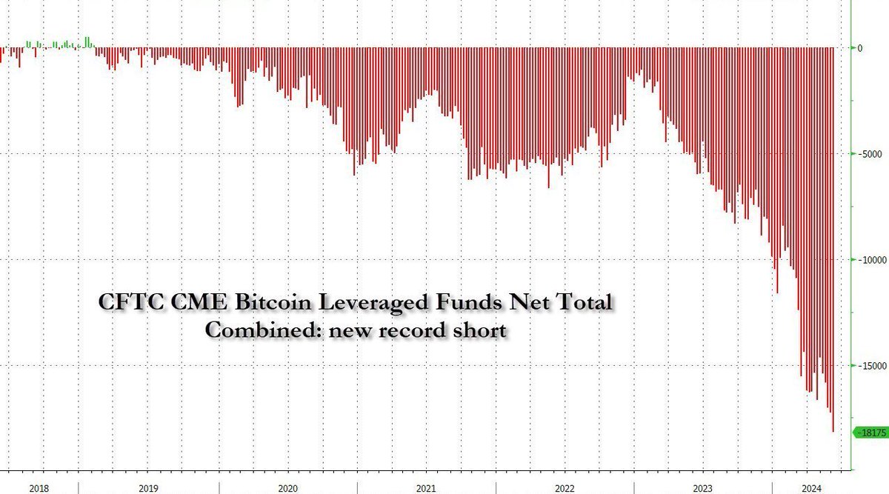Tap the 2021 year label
click(x=426, y=488)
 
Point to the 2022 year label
click(x=565, y=488)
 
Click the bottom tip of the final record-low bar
click(x=833, y=431)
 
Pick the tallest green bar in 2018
click(x=87, y=41)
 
